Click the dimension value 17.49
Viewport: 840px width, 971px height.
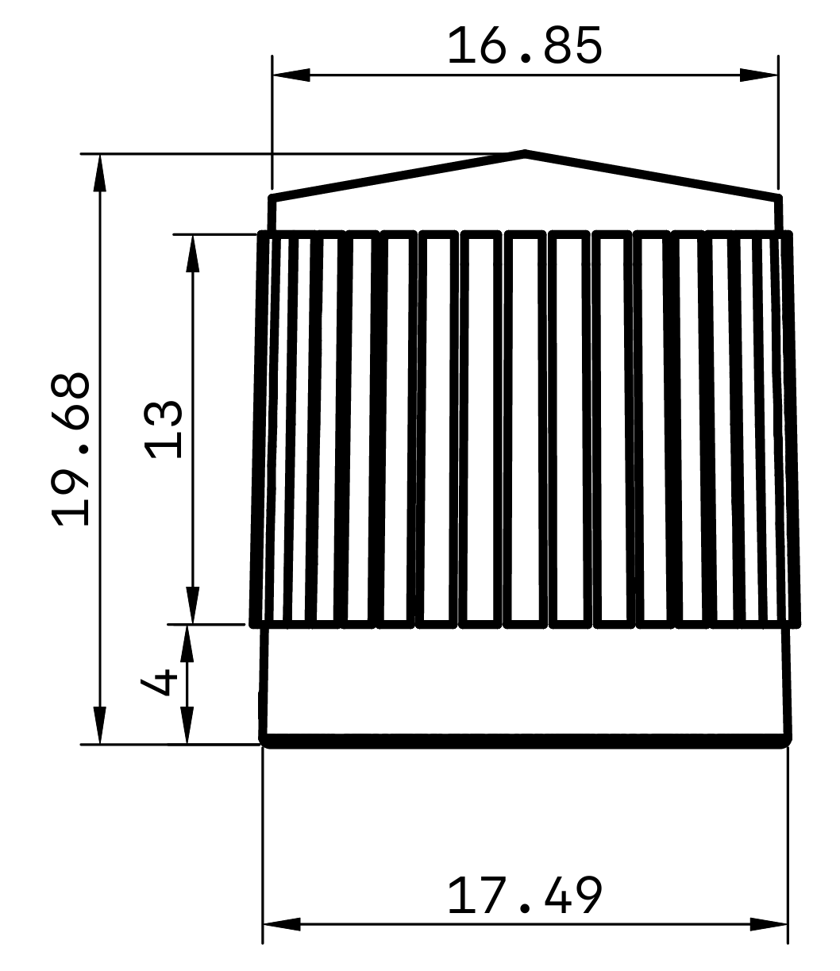[525, 896]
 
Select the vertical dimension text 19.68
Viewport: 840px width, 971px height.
[70, 449]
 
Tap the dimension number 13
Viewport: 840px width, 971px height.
[164, 430]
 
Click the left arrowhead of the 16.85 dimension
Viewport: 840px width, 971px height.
[291, 75]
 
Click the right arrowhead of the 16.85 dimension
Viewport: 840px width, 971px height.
[759, 75]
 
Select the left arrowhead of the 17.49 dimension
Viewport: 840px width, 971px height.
[281, 924]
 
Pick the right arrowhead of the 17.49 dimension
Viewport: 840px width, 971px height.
[769, 924]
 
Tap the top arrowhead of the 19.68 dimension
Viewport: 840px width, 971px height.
[99, 172]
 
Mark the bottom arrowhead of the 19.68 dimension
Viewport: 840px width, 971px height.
[99, 725]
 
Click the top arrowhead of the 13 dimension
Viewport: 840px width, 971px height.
[192, 253]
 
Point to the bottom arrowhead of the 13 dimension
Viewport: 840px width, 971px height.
[192, 606]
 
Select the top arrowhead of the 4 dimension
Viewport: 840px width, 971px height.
[187, 644]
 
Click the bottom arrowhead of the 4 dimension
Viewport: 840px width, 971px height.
[187, 726]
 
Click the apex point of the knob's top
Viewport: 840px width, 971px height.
[525, 152]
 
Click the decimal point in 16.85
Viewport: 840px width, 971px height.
[525, 60]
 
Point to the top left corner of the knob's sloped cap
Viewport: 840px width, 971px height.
[272, 196]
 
